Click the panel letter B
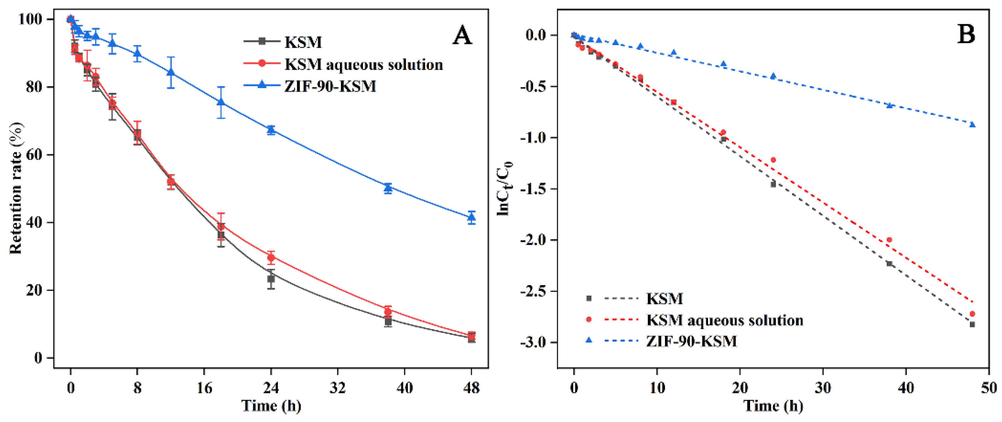pyautogui.click(x=966, y=34)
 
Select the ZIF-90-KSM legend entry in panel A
pyautogui.click(x=330, y=86)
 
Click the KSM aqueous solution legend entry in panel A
pyautogui.click(x=363, y=64)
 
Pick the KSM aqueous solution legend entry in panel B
pyautogui.click(x=724, y=320)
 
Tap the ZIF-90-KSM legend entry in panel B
pyautogui.click(x=691, y=341)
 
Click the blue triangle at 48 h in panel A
pyautogui.click(x=472, y=217)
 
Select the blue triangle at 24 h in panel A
pyautogui.click(x=271, y=130)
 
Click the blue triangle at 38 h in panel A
pyautogui.click(x=388, y=188)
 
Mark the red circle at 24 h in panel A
pyautogui.click(x=271, y=257)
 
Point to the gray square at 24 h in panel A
pyautogui.click(x=271, y=279)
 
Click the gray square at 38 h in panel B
pyautogui.click(x=889, y=264)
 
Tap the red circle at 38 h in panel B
pyautogui.click(x=889, y=240)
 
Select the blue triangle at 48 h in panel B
pyautogui.click(x=973, y=124)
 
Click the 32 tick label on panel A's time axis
pyautogui.click(x=338, y=388)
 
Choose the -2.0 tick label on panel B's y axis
pyautogui.click(x=533, y=240)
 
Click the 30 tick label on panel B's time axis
pyautogui.click(x=823, y=388)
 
